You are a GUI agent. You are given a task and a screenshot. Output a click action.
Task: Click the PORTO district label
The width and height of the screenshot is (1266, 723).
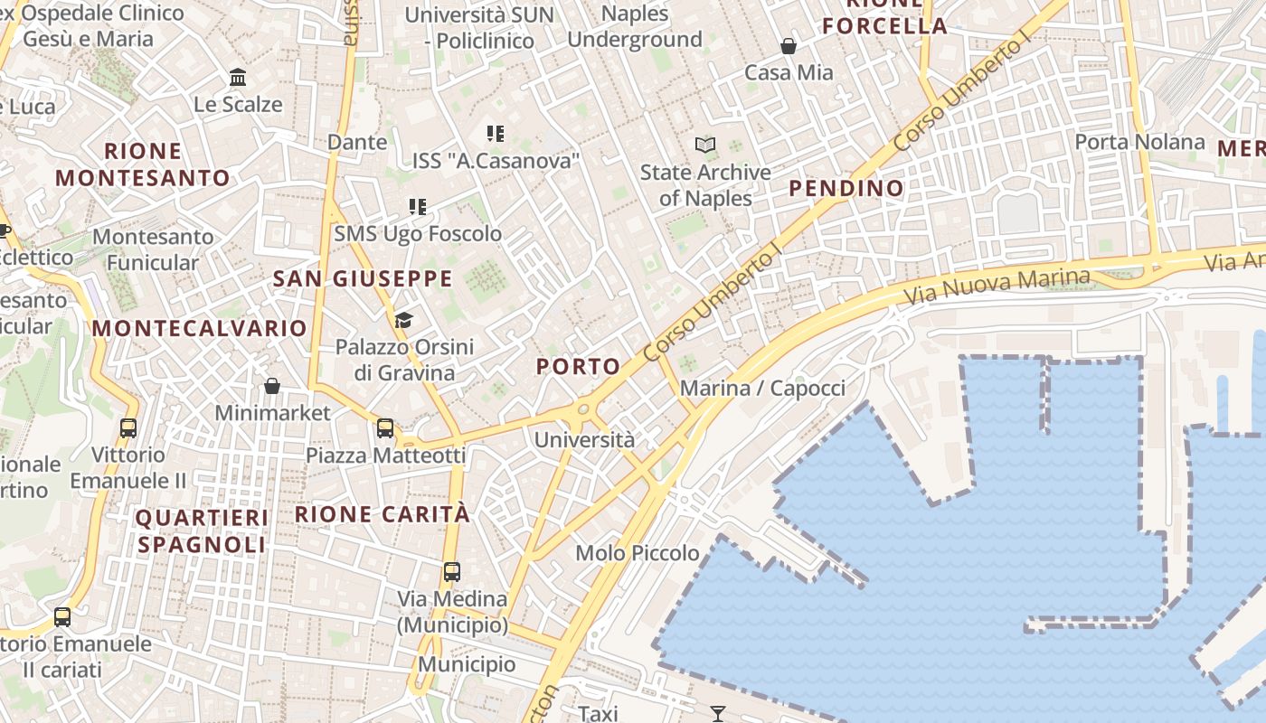click(x=579, y=366)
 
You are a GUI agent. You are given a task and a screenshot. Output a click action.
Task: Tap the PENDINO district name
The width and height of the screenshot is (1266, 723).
click(x=846, y=188)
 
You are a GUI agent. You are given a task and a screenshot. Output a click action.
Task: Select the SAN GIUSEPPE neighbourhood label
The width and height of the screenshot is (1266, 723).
click(x=363, y=278)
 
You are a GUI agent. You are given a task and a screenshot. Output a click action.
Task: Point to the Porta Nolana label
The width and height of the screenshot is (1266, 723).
click(x=1139, y=142)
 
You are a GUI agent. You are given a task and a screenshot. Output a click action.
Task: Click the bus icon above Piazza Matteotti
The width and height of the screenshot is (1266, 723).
click(x=385, y=427)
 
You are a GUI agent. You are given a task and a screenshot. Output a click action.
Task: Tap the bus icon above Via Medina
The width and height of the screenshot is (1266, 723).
click(x=452, y=572)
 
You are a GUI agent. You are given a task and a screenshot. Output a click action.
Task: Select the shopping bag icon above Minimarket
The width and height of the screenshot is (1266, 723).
click(x=272, y=386)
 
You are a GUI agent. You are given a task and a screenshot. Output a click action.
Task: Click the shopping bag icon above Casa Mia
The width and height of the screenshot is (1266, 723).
click(x=789, y=45)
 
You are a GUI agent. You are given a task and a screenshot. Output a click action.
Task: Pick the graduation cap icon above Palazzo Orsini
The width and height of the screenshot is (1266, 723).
click(x=403, y=320)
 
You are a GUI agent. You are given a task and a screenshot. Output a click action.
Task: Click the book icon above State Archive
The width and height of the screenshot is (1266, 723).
click(x=705, y=145)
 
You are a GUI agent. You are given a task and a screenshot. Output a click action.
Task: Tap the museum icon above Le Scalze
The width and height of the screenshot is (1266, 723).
click(x=238, y=77)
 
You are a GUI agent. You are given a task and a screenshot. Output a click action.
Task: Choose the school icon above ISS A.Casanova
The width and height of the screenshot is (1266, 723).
click(x=495, y=134)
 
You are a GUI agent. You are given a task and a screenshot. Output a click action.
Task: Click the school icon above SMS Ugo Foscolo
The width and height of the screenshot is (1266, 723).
click(x=417, y=207)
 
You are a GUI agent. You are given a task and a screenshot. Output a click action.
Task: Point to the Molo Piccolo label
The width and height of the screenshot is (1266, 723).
click(x=638, y=552)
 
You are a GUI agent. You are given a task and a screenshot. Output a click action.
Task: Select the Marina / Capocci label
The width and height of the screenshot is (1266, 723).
click(x=762, y=389)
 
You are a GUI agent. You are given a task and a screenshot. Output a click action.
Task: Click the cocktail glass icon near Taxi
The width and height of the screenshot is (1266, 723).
click(x=718, y=714)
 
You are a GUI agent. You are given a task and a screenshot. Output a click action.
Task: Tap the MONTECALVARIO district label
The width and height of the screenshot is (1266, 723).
click(x=200, y=328)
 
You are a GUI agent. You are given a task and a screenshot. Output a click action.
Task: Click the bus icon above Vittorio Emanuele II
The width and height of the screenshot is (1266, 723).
click(x=128, y=427)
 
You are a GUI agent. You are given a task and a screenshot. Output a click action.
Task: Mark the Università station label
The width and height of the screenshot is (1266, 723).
click(x=585, y=440)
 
